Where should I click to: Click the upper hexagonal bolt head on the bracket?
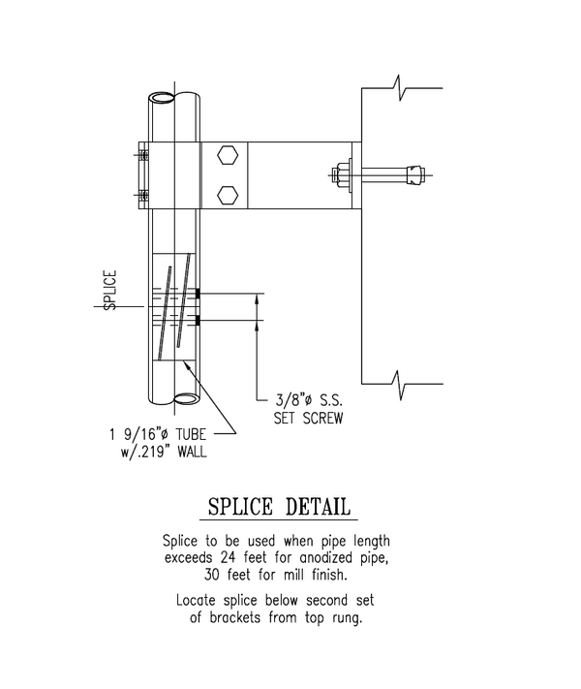(x=227, y=156)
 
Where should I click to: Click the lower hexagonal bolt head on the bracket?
(x=227, y=194)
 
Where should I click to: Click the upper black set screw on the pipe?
(x=197, y=294)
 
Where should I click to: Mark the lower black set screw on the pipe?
(x=197, y=321)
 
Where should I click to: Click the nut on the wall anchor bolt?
(x=344, y=176)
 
